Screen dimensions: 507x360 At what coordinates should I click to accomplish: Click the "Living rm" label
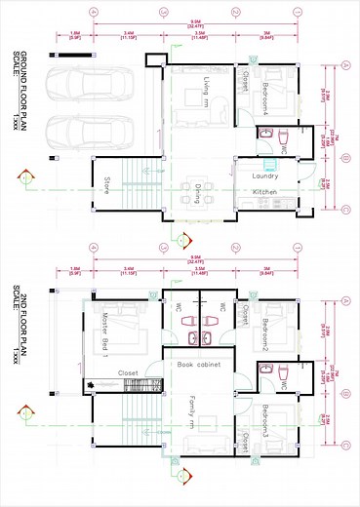click(x=206, y=94)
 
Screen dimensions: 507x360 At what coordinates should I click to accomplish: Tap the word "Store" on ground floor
click(x=106, y=184)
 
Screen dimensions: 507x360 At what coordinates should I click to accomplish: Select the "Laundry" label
click(x=265, y=175)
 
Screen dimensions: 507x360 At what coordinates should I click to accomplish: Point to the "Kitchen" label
click(x=266, y=193)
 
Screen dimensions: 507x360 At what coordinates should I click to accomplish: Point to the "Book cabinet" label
click(x=199, y=365)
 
